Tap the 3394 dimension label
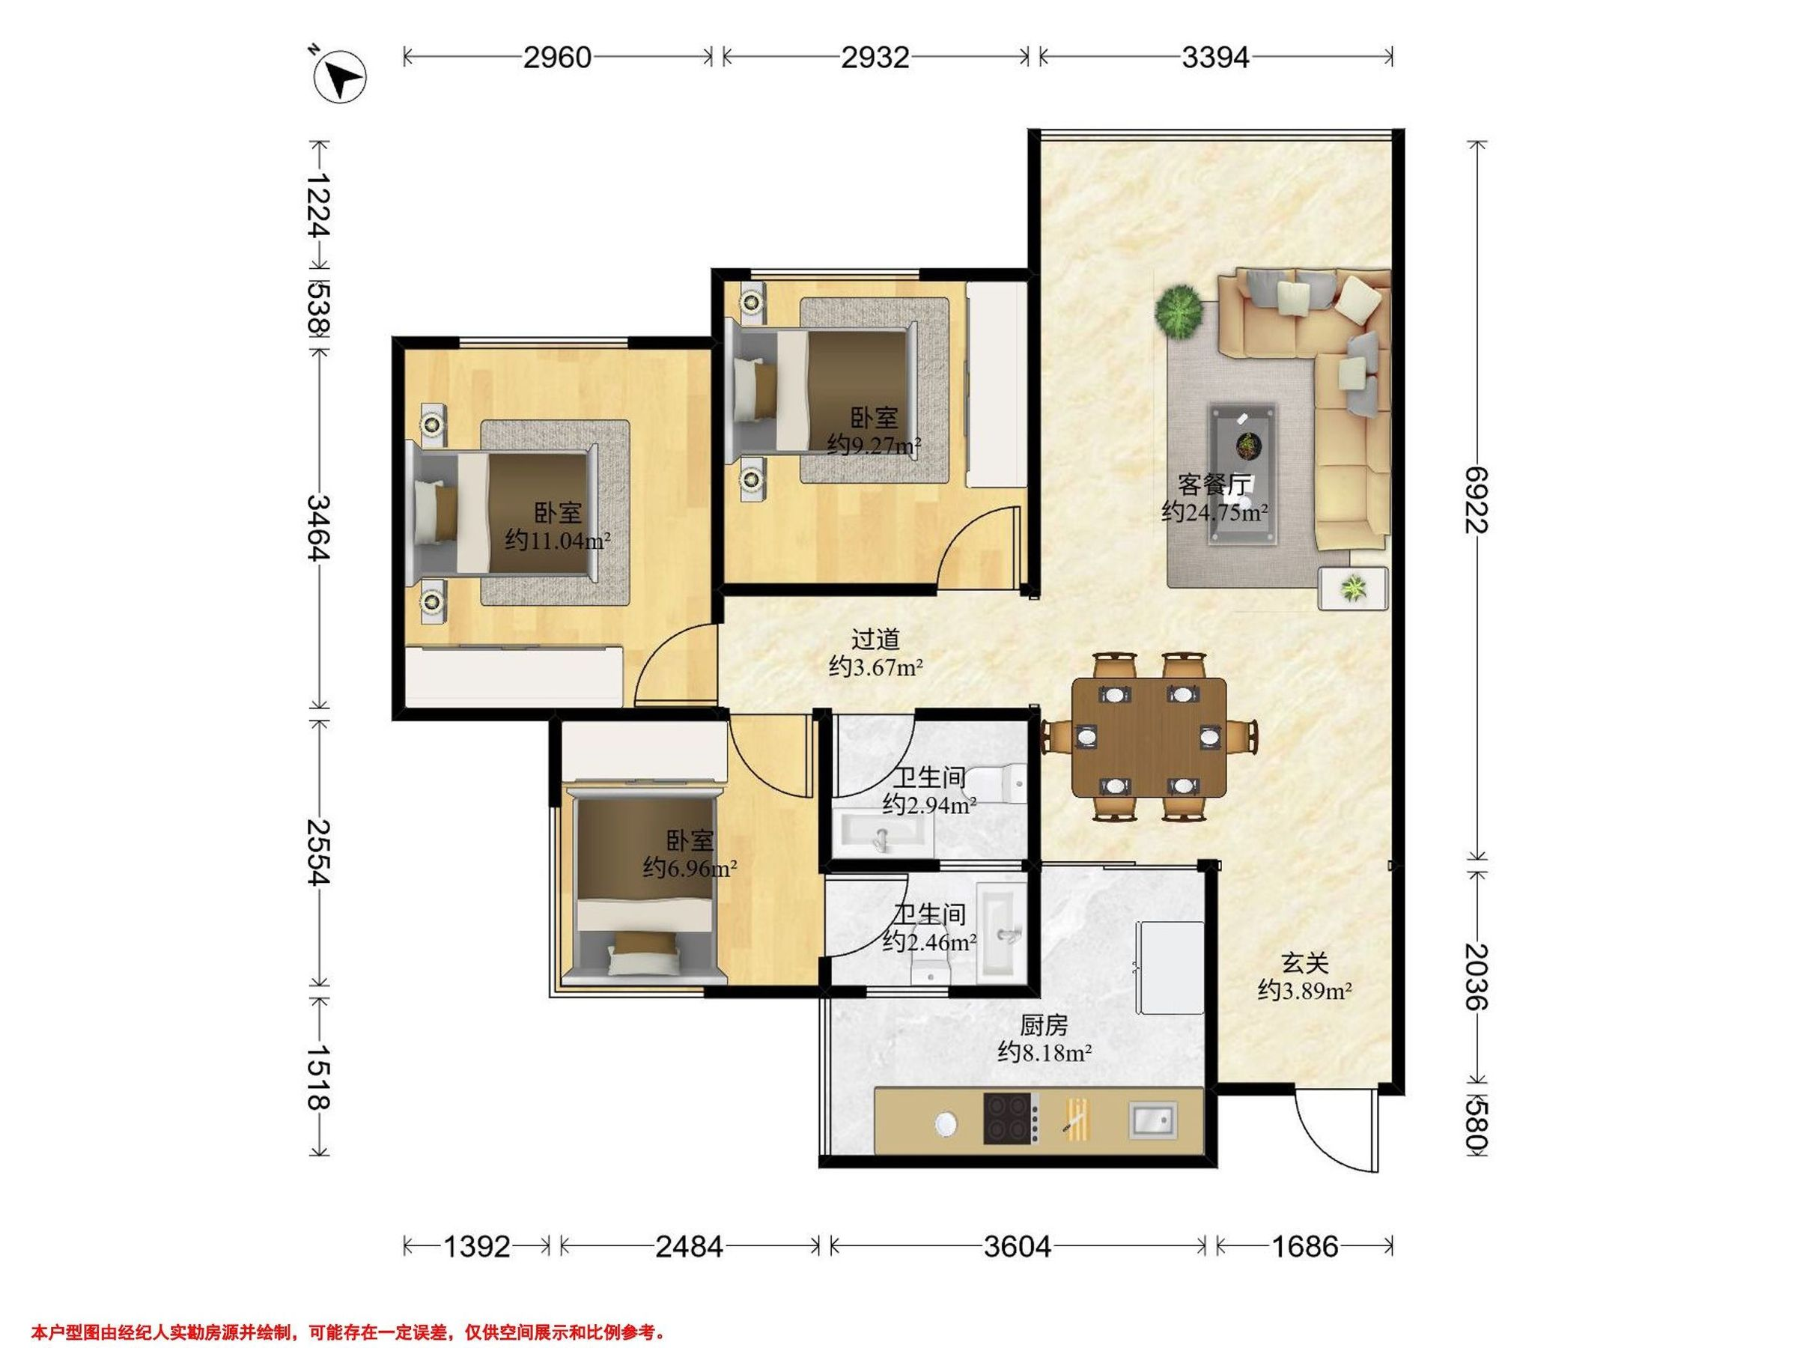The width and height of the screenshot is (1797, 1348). click(1215, 58)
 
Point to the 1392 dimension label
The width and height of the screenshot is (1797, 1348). click(477, 1245)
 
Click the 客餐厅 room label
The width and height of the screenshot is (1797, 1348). click(1214, 485)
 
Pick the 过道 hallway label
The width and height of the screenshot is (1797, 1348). click(875, 640)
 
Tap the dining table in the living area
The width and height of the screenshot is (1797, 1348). click(1149, 737)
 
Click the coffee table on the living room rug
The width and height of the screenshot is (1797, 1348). click(1241, 475)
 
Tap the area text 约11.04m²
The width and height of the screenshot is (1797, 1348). click(557, 539)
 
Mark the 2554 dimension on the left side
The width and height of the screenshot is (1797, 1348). click(317, 851)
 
